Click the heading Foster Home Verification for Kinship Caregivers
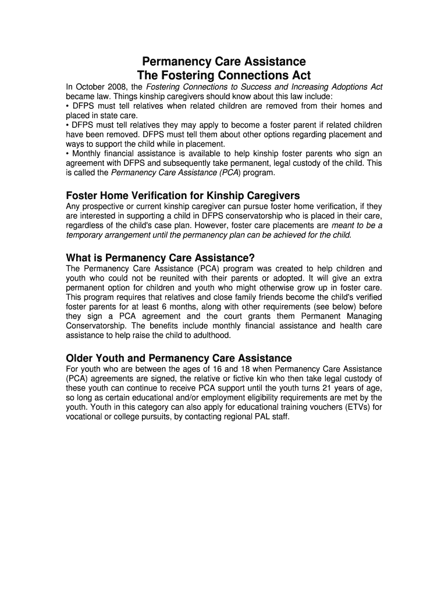point(183,195)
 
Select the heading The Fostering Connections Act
point(224,76)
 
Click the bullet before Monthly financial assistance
point(68,154)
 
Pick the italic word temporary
point(86,235)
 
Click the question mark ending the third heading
point(253,258)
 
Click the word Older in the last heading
point(80,358)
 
